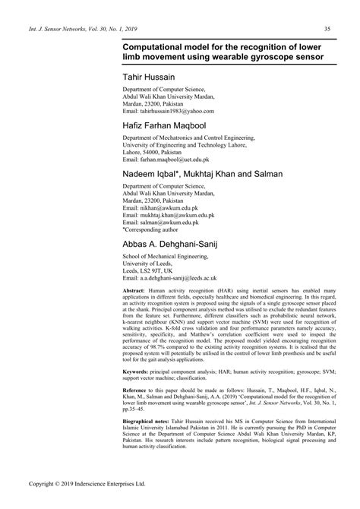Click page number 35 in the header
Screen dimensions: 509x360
[327, 30]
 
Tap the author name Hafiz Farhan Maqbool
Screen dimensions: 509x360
[167, 125]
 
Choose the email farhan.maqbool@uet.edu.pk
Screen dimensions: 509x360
[174, 159]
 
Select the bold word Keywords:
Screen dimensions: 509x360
[137, 371]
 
